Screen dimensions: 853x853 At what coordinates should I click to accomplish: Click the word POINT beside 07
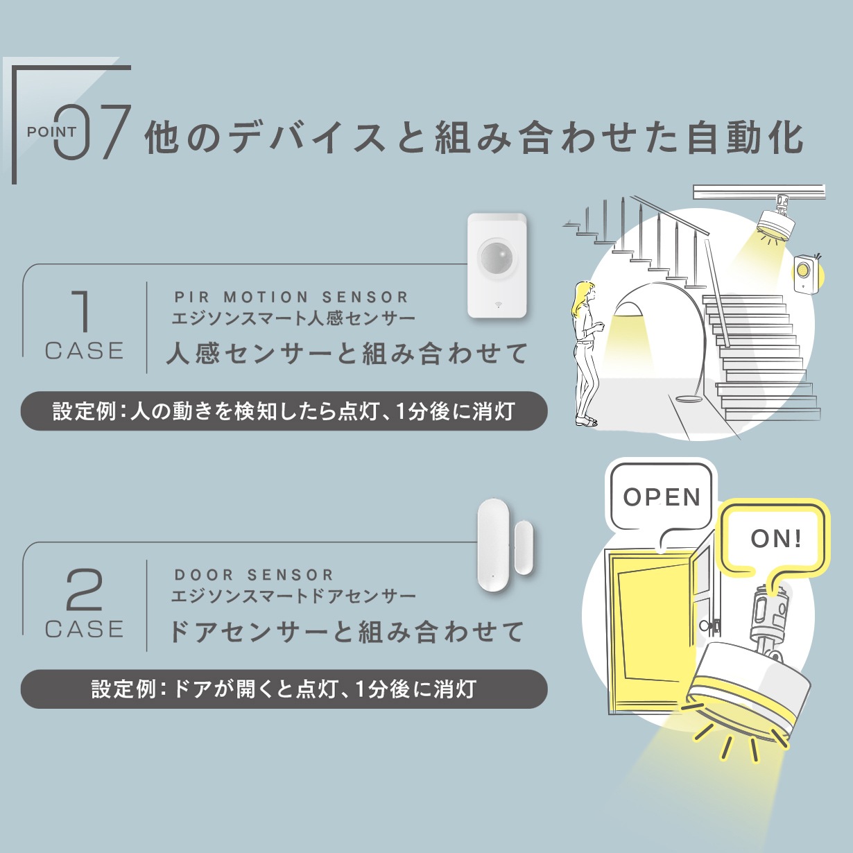pos(51,132)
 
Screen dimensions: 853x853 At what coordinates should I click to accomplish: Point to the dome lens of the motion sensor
pos(498,258)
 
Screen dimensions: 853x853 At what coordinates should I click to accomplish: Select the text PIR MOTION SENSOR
pos(291,297)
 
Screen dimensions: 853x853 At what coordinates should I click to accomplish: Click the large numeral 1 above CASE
pos(83,311)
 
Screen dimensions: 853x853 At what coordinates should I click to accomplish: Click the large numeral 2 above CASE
pos(84,589)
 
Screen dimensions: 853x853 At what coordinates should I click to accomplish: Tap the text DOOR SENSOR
pos(254,575)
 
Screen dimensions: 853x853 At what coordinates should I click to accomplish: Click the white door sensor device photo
pos(506,539)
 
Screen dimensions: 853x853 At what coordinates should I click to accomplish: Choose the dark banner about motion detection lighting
pos(284,411)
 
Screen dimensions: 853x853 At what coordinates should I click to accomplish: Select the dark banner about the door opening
pos(284,689)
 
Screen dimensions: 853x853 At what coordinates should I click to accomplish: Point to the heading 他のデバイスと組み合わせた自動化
pos(474,137)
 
